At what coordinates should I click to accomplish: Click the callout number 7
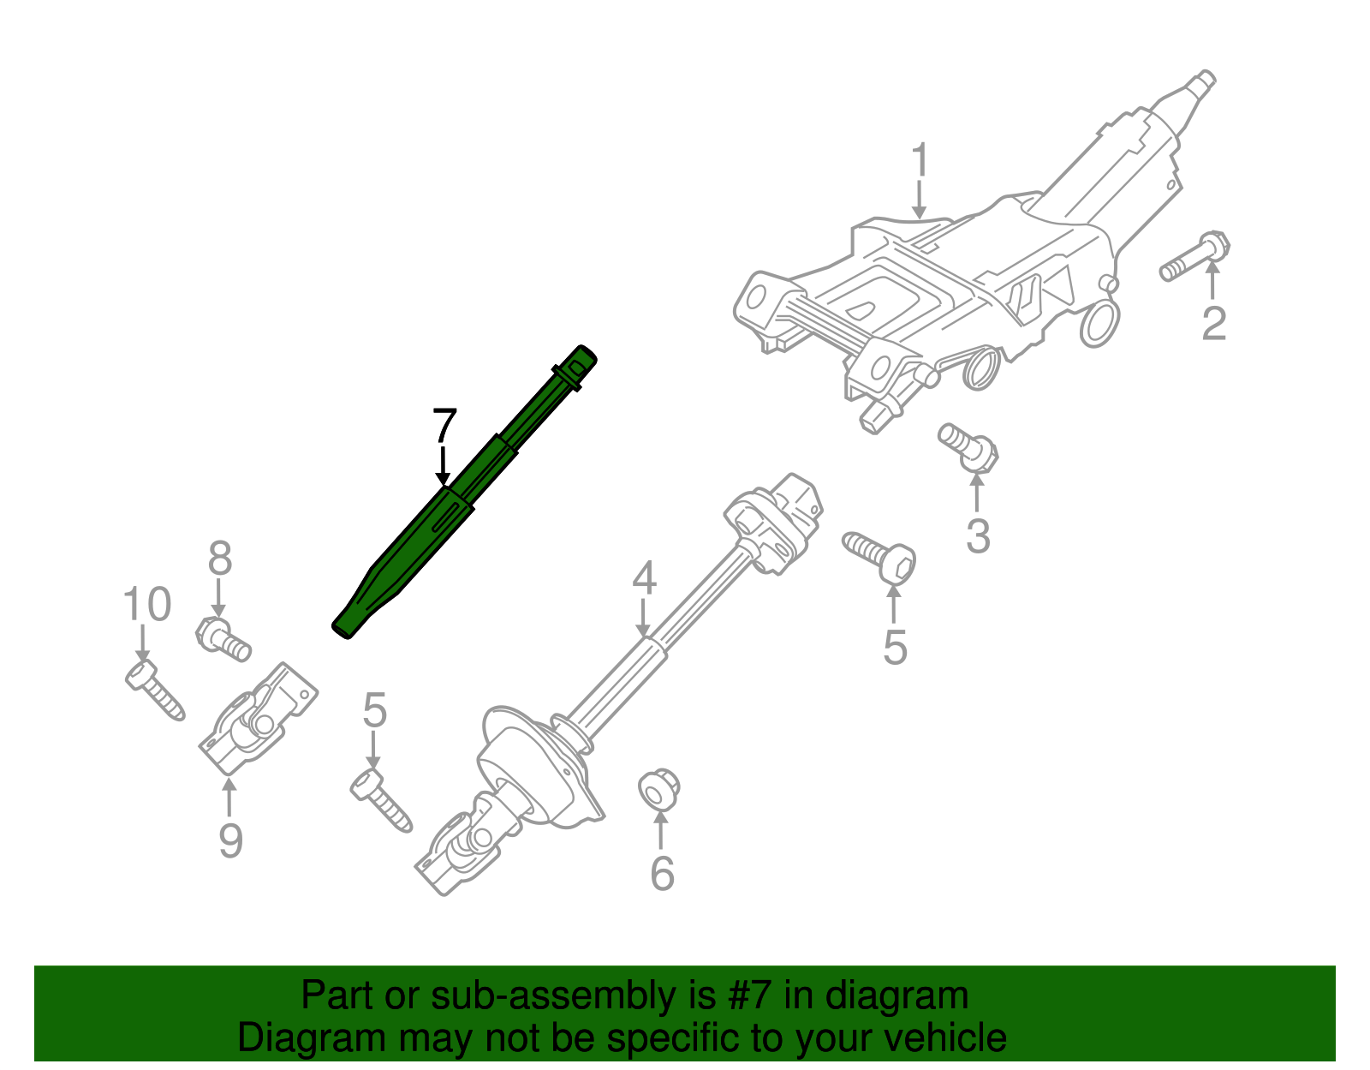[x=445, y=426]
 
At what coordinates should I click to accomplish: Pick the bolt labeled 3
[x=969, y=447]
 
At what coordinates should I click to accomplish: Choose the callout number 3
[x=978, y=535]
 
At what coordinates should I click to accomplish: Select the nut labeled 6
[x=659, y=789]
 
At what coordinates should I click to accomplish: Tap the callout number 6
[x=662, y=873]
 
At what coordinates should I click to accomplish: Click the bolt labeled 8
[x=222, y=639]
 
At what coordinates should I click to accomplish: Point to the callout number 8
[x=220, y=559]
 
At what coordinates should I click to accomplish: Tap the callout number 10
[x=147, y=605]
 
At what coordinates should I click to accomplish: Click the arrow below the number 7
[x=443, y=467]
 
